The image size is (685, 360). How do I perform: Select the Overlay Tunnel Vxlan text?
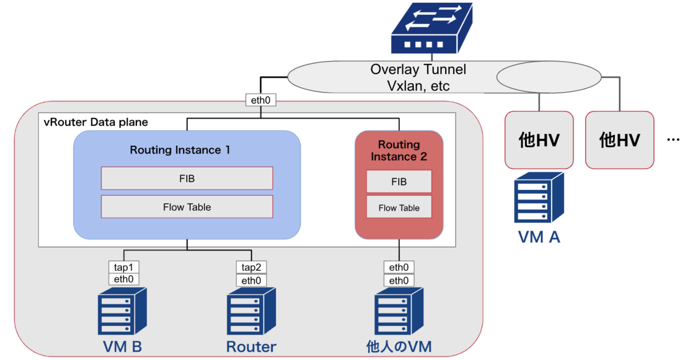click(418, 78)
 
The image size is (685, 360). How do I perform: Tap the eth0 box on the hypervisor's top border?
click(260, 100)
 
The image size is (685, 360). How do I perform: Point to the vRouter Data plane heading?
click(95, 122)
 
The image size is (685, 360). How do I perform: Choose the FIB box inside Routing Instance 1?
click(187, 179)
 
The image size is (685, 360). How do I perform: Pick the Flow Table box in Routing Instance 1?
click(187, 207)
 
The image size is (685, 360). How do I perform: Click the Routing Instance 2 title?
click(399, 151)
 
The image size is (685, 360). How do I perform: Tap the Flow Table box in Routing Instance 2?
click(399, 208)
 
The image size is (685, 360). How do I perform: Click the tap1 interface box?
click(124, 268)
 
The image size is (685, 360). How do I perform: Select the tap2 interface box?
click(251, 268)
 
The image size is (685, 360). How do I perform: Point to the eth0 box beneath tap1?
click(124, 280)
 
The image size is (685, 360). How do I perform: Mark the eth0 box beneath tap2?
click(251, 280)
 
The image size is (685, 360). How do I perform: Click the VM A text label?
click(538, 237)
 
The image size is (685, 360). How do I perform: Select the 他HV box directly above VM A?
click(539, 140)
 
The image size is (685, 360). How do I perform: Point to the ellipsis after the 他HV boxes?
click(672, 140)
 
